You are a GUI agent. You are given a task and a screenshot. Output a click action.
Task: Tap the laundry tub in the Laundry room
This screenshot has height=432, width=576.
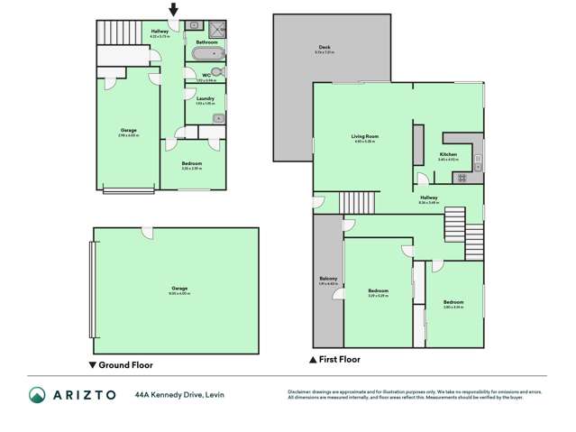(219, 116)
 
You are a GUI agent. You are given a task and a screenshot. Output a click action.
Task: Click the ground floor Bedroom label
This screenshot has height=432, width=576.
(191, 163)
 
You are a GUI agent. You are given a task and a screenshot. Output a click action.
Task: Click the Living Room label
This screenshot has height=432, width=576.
(364, 136)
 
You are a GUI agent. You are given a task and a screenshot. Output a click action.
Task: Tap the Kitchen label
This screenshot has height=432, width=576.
(448, 155)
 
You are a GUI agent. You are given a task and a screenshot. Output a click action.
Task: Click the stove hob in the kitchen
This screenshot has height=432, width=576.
(461, 177)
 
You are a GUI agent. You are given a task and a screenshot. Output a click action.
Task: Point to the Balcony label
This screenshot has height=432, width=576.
(327, 280)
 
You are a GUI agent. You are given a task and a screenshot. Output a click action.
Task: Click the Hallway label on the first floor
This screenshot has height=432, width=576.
(428, 198)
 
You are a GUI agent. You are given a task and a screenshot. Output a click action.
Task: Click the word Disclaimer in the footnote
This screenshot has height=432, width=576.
(298, 391)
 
